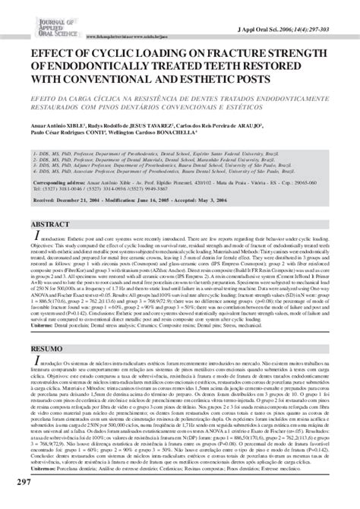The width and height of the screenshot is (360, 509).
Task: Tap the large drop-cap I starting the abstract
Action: tap(35, 241)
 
